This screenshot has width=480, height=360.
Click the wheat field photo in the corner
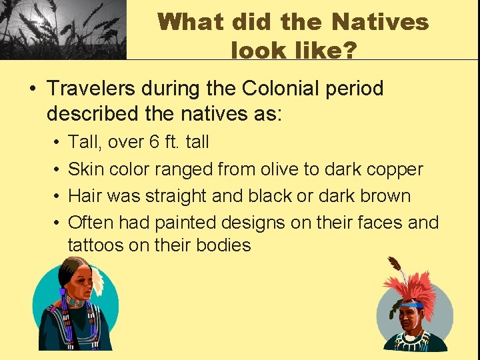pos(63,29)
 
